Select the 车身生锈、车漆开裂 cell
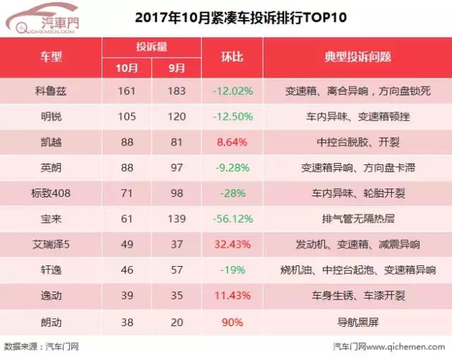[x=357, y=295]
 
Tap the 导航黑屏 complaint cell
[x=357, y=320]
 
